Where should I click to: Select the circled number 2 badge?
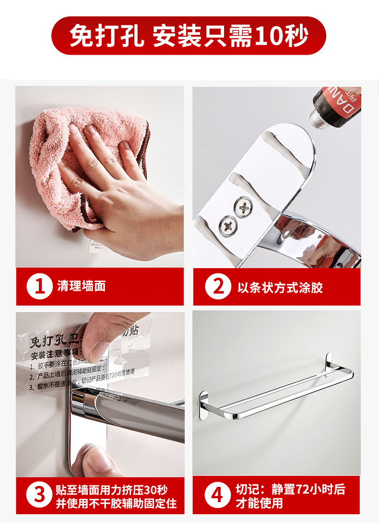218,287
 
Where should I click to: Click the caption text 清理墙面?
81,287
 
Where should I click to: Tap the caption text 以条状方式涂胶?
280,287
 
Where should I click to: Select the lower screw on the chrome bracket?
226,224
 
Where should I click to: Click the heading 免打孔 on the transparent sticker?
48,342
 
